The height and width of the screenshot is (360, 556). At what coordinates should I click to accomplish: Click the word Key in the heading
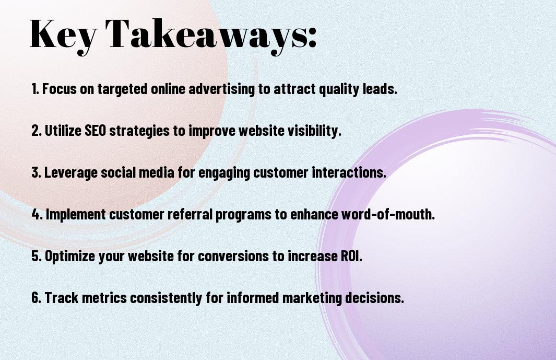click(x=63, y=35)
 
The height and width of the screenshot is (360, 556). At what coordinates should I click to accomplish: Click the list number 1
click(x=35, y=89)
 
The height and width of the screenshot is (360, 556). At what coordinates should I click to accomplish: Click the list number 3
click(x=36, y=172)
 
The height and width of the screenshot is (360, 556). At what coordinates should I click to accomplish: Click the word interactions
click(x=349, y=172)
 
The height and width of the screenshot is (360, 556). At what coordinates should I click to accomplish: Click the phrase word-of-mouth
click(x=388, y=214)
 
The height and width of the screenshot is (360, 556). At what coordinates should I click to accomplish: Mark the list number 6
click(x=36, y=298)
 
